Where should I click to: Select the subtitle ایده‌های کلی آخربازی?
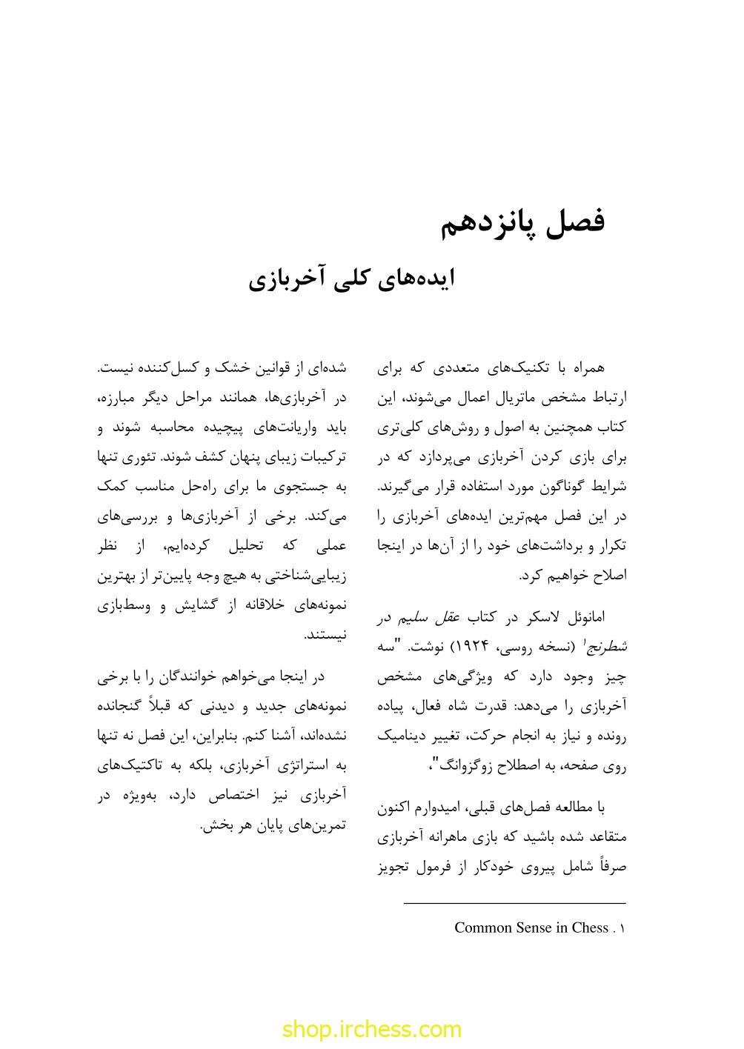[351, 279]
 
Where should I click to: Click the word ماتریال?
[512, 398]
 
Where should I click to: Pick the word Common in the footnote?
[481, 928]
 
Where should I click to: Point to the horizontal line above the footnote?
[514, 904]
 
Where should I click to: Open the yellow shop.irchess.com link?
[372, 1029]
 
